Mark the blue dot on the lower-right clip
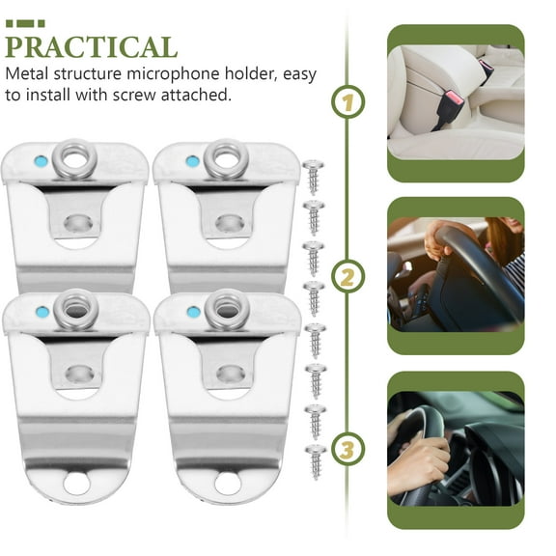point(194,313)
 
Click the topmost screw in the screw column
point(314,176)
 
